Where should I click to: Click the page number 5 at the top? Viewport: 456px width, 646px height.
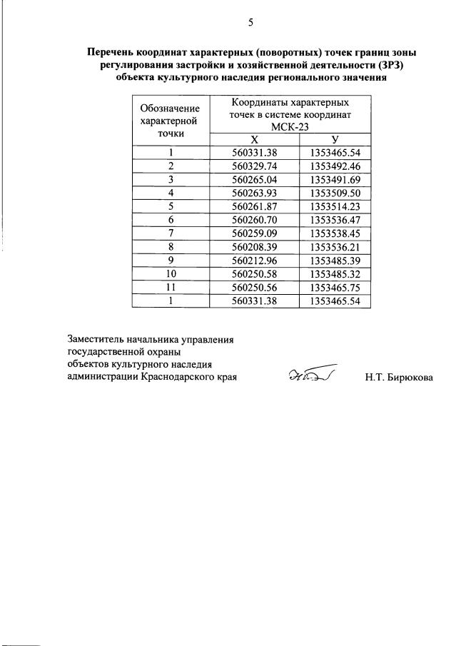[250, 22]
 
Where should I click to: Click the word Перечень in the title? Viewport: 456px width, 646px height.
[113, 53]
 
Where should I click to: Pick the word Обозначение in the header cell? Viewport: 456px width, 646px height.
[169, 108]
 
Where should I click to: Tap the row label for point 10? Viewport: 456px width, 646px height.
[171, 274]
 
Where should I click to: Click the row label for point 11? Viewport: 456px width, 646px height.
[171, 288]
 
